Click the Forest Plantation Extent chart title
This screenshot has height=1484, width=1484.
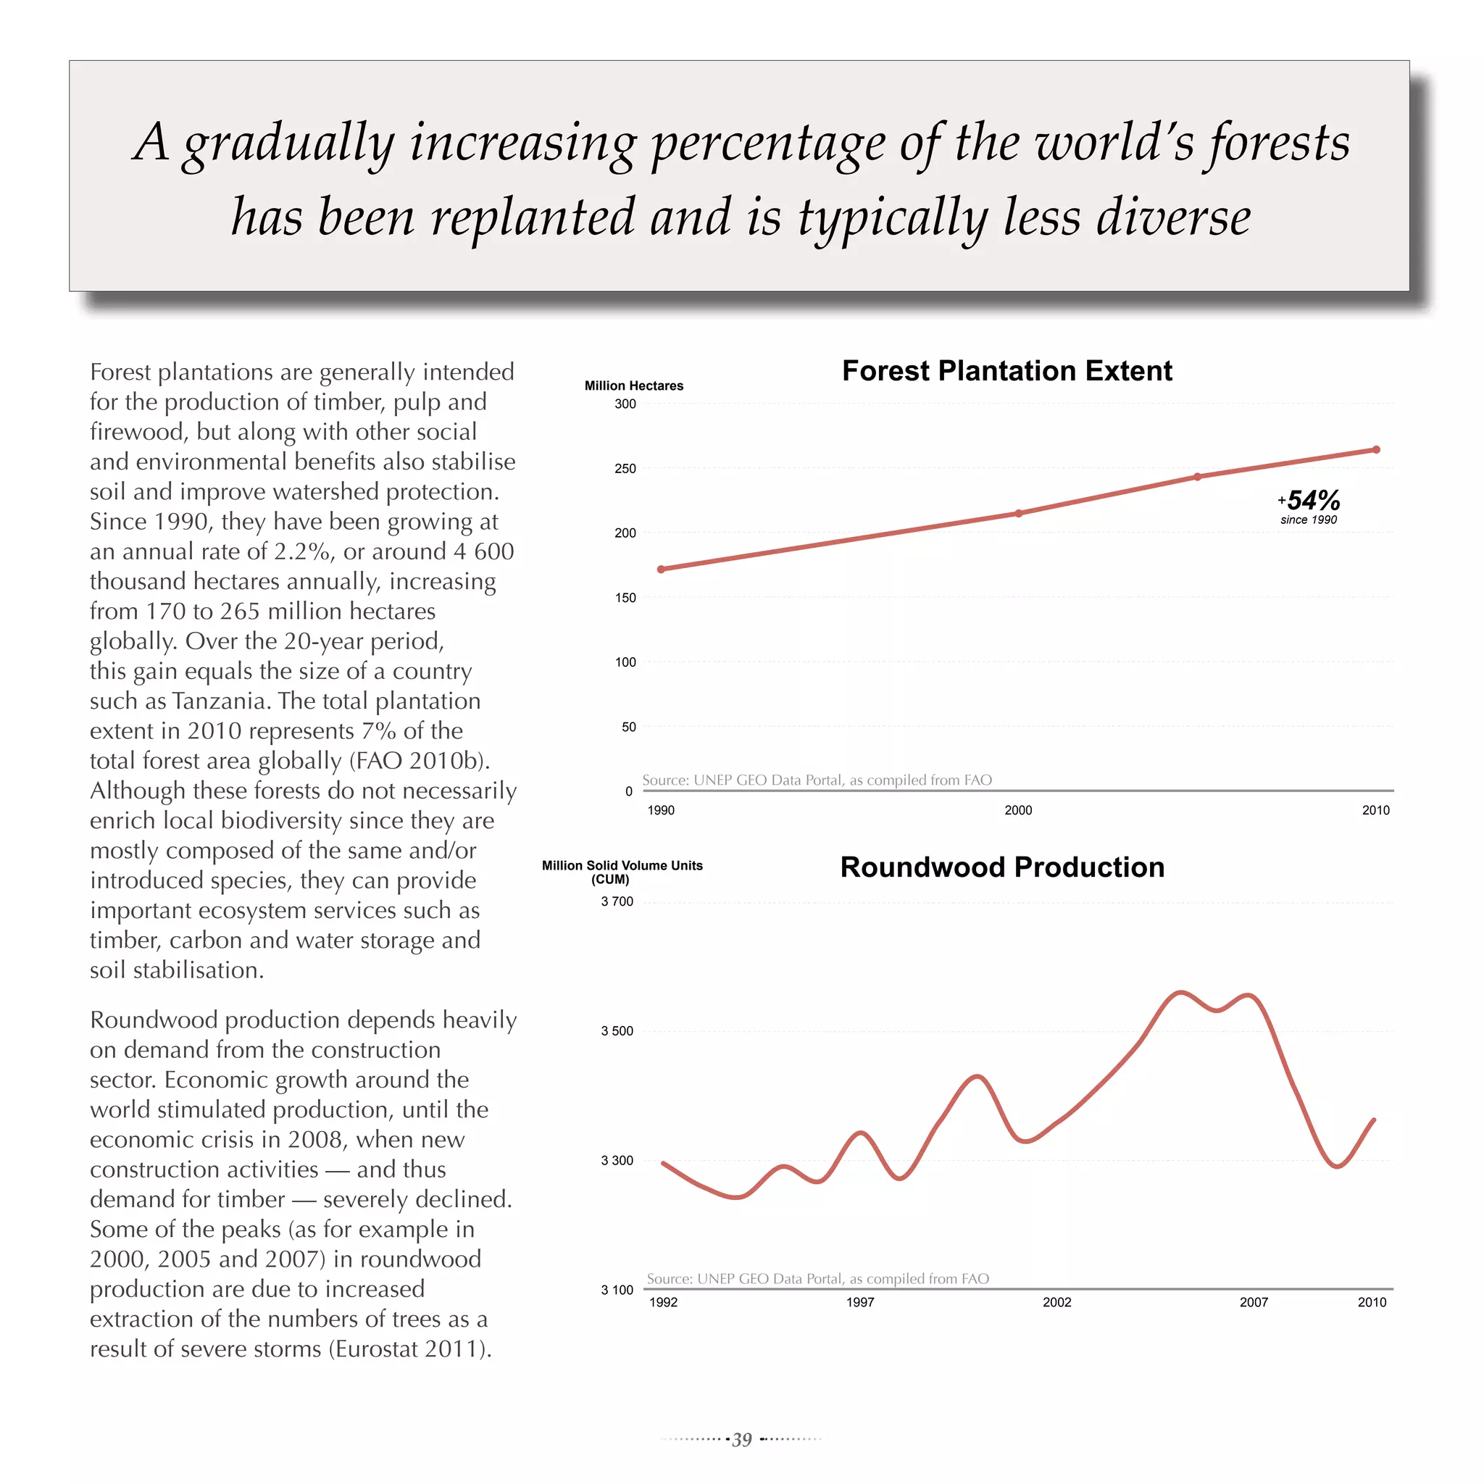[1006, 371]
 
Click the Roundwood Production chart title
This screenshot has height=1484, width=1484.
[1001, 867]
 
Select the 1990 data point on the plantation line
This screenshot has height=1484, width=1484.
[662, 569]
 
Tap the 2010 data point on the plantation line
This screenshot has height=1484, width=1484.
[1376, 450]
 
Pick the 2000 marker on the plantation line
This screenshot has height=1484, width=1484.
[1019, 513]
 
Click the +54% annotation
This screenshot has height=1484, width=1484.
[1309, 501]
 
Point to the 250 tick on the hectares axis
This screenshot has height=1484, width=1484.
[625, 469]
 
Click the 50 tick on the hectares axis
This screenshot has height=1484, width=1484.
[628, 727]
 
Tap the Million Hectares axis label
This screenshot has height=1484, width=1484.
[634, 385]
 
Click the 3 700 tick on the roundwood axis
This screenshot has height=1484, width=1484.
[617, 901]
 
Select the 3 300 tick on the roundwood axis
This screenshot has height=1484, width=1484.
[617, 1161]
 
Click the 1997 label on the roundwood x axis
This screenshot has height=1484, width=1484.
[860, 1302]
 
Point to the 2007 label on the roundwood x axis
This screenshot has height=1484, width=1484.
[1254, 1302]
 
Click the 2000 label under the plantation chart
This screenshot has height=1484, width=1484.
[1019, 810]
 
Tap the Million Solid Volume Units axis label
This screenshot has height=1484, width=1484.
[622, 866]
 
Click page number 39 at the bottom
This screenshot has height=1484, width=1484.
[741, 1440]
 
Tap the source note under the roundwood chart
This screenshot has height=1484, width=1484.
[817, 1279]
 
